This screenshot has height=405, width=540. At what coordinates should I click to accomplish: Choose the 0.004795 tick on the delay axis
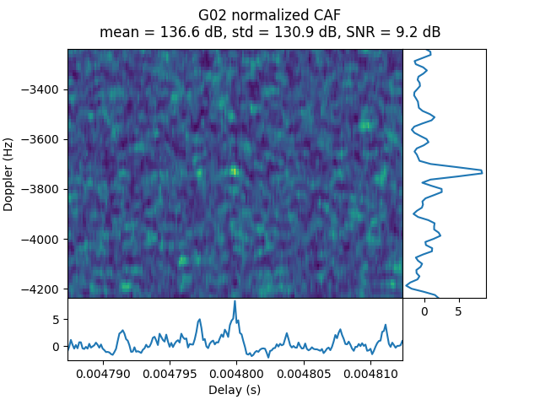pos(170,373)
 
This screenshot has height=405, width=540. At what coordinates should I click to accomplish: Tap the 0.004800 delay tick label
pos(235,373)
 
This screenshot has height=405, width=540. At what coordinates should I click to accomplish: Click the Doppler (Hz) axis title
pos(9,174)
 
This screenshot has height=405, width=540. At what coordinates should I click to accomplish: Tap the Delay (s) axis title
pos(235,390)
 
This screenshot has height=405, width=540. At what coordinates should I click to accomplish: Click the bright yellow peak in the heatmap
pos(234,170)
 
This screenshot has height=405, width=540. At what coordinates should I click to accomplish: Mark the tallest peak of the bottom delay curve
pos(235,301)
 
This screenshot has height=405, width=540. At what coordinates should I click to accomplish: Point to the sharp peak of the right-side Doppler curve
pos(482,172)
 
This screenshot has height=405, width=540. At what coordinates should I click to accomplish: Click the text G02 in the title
pos(212,15)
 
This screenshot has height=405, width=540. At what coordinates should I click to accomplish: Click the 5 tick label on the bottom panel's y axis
pos(56,320)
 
